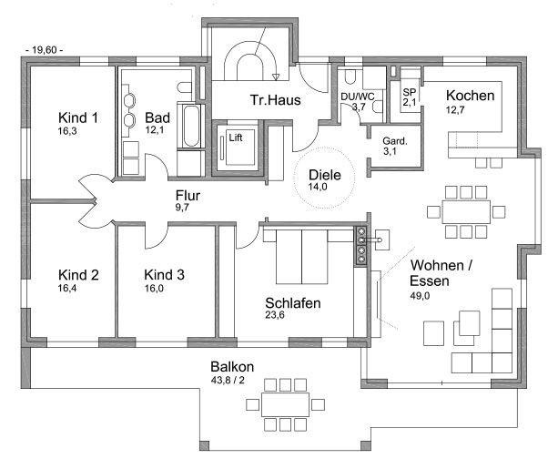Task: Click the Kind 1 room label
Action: [77, 118]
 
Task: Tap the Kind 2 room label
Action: [77, 274]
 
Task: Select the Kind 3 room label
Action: [165, 274]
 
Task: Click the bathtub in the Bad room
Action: [189, 127]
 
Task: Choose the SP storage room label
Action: [409, 93]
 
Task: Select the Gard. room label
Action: [394, 142]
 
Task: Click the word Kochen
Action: [470, 96]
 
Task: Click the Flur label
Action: [188, 195]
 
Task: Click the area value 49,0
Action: [430, 296]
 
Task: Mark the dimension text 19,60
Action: [45, 51]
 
